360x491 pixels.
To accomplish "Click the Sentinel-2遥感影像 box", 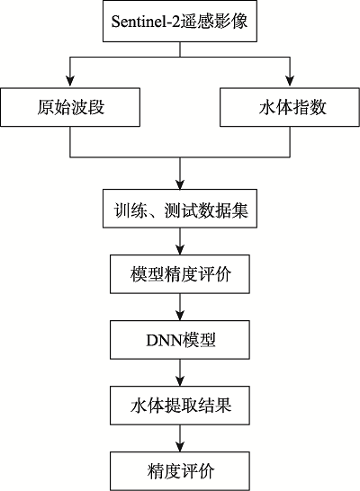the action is click(x=180, y=21).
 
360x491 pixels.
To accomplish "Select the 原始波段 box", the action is click(x=70, y=107).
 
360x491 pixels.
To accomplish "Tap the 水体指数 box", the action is click(x=290, y=107).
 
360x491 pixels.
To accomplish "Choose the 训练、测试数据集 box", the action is click(x=180, y=209).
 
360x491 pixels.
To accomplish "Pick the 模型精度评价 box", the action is click(x=180, y=274).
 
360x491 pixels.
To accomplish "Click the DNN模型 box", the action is click(x=180, y=340).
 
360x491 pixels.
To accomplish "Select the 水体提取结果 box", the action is click(x=180, y=406).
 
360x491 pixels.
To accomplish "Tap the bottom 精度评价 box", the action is click(x=180, y=471).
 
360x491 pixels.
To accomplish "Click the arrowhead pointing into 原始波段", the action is click(x=70, y=82).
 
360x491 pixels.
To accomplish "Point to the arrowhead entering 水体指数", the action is click(x=290, y=82).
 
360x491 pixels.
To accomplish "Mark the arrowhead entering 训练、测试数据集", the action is click(x=180, y=183).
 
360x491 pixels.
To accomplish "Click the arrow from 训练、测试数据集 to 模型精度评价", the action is click(x=180, y=241).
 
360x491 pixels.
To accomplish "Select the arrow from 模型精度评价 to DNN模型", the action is click(x=180, y=307).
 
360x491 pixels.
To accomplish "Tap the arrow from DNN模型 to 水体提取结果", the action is click(x=180, y=372).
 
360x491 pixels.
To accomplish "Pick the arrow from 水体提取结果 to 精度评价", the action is click(x=180, y=439).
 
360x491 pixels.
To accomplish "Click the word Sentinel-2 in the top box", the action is click(x=146, y=22).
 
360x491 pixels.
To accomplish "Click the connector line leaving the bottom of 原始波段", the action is click(x=70, y=141).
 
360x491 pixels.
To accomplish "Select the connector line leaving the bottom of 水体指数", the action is click(x=290, y=141).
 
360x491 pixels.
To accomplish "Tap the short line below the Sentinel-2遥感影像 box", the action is click(x=180, y=49).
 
